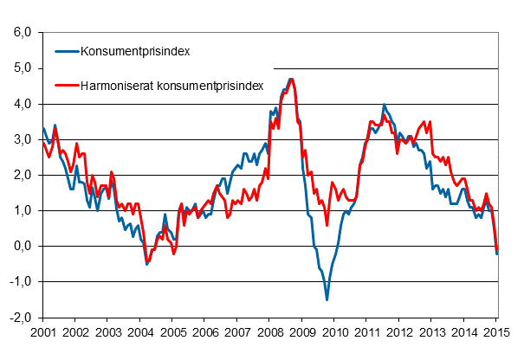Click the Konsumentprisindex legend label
tap(134, 51)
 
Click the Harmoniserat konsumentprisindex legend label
tap(171, 86)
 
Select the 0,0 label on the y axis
tap(23, 246)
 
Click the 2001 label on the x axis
tap(42, 331)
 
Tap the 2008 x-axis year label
tap(269, 331)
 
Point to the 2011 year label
tap(367, 331)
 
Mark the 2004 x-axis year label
tap(139, 331)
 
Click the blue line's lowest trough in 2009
tap(327, 299)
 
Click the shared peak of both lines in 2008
tap(291, 80)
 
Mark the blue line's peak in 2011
tap(384, 106)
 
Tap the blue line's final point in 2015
tap(497, 253)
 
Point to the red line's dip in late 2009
tap(327, 225)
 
